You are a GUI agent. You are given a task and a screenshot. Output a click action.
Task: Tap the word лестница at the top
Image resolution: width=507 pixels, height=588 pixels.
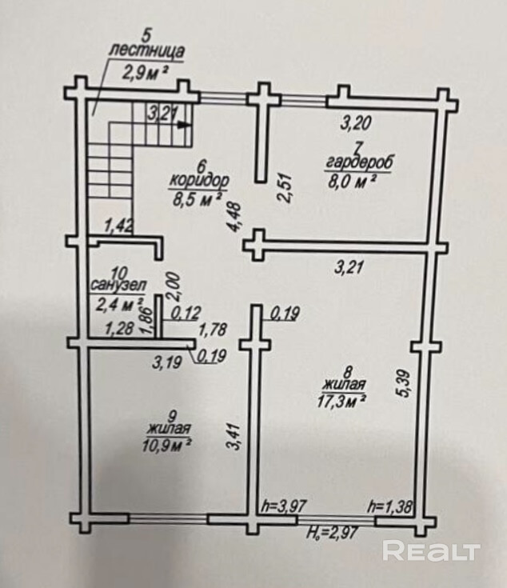(145, 52)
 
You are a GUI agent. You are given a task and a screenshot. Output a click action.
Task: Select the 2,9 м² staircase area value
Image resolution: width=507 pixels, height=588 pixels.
(145, 71)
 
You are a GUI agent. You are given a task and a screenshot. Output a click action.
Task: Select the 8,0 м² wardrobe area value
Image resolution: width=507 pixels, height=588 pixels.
(353, 180)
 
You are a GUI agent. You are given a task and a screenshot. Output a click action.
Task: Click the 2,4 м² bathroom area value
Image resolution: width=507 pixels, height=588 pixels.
(118, 303)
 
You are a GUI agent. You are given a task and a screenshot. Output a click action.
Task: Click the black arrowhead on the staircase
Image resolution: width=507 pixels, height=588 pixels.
(185, 124)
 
